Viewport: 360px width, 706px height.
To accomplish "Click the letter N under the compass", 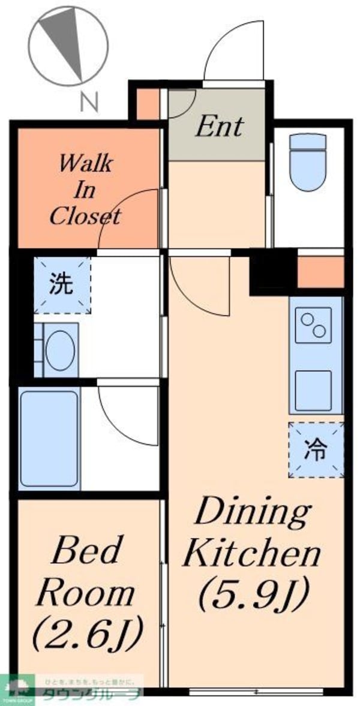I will tap(88, 102).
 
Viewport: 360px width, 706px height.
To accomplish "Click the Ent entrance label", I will tap(220, 127).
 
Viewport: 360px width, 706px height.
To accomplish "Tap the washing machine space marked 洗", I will tap(62, 285).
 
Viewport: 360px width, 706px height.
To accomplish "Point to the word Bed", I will tap(86, 551).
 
